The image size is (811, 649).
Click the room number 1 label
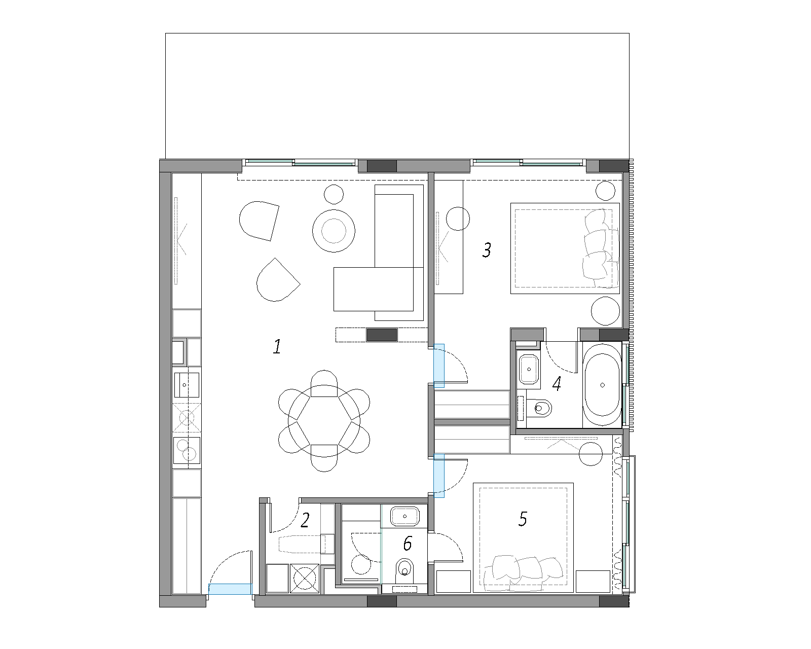[x=277, y=347]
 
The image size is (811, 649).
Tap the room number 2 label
[x=305, y=520]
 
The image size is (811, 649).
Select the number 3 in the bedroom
[x=487, y=250]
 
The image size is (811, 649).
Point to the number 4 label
[x=557, y=383]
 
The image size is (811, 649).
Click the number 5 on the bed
[x=523, y=519]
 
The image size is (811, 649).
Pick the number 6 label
[x=408, y=544]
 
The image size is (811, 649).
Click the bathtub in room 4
[x=602, y=385]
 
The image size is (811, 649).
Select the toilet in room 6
[x=405, y=571]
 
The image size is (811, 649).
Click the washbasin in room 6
[x=405, y=516]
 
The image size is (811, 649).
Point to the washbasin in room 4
[x=529, y=369]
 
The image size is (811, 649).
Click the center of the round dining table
[x=324, y=421]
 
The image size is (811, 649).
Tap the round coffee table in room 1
[x=334, y=231]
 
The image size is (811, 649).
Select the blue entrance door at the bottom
[x=230, y=589]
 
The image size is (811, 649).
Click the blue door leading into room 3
[x=439, y=366]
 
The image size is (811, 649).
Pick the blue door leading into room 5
[x=439, y=476]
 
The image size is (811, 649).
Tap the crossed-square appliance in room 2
[x=305, y=579]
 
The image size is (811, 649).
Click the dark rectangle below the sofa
[x=382, y=335]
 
